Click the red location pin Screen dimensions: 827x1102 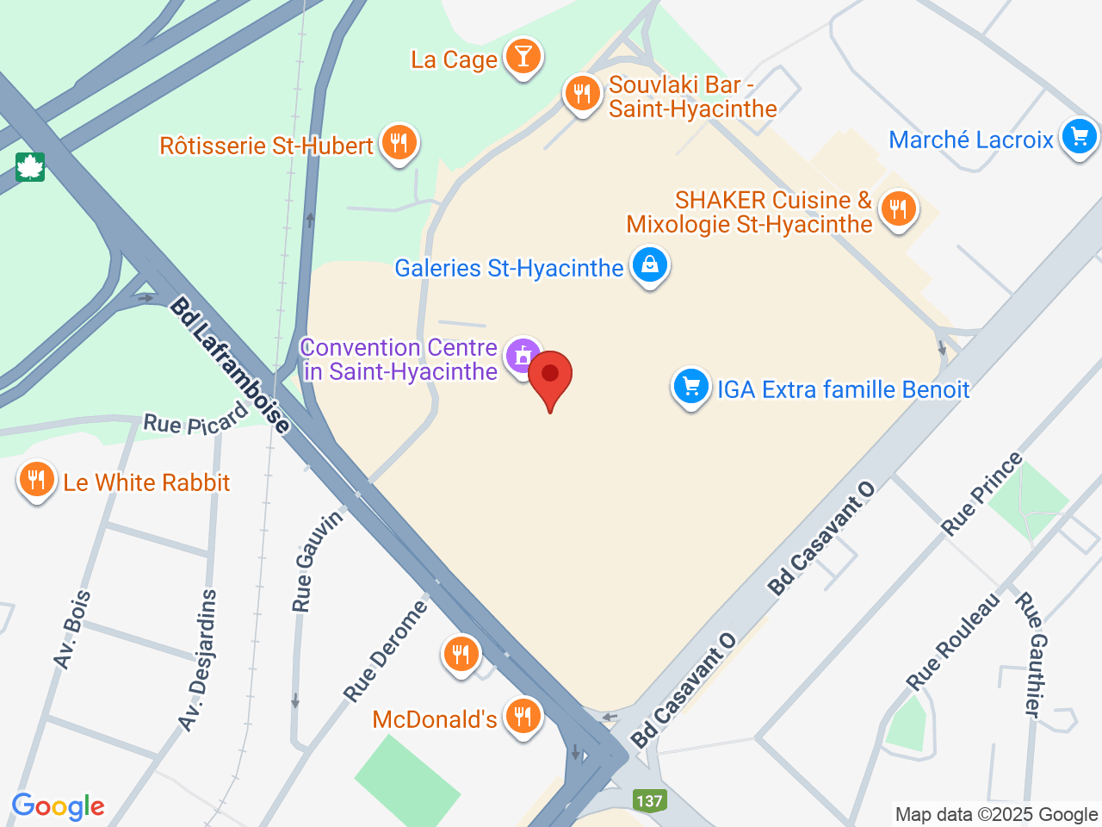coord(549,379)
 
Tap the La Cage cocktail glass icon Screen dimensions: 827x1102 coord(523,57)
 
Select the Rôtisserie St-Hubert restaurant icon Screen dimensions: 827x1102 coord(398,143)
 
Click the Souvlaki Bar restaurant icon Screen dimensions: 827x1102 coord(583,93)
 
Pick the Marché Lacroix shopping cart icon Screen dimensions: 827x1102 coord(1079,137)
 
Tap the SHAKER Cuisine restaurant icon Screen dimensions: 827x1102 coord(898,209)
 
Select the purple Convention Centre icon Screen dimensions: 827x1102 coord(523,356)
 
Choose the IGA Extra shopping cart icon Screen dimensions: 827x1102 coord(690,387)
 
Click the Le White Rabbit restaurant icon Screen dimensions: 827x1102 coord(36,479)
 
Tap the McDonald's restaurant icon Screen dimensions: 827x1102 coord(523,716)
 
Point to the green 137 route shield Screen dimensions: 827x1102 coord(649,800)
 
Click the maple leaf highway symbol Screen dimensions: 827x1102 coord(29,166)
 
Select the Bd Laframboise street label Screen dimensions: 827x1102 coord(230,365)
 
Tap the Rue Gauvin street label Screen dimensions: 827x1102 coord(315,561)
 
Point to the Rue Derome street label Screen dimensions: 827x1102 coord(385,650)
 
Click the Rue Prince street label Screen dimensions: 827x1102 coord(981,494)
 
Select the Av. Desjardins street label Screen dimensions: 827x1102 coord(199,660)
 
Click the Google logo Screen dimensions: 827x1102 coord(58,806)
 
